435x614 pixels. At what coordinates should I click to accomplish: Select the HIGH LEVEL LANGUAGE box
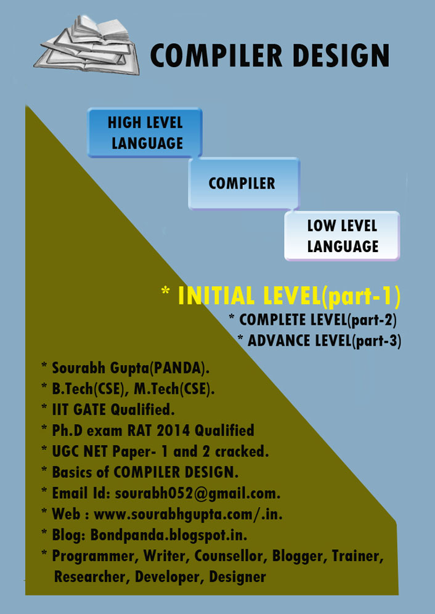[x=144, y=133]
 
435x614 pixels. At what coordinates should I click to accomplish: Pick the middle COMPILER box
[x=243, y=184]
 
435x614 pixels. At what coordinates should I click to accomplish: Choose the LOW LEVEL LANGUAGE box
[x=342, y=235]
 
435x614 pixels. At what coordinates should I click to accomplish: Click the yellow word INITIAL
[x=216, y=296]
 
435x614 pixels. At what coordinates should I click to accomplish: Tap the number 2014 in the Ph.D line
[x=174, y=430]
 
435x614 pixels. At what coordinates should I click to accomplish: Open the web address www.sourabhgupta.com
[x=174, y=514]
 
